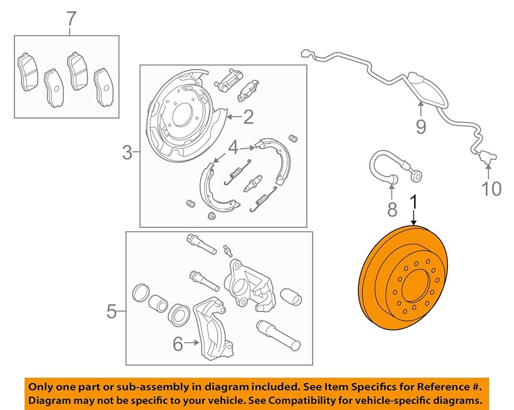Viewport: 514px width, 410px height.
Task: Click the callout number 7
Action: point(71,18)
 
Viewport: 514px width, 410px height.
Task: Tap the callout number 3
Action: point(128,153)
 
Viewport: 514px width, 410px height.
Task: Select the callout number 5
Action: point(113,312)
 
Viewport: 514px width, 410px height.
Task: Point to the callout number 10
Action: point(492,188)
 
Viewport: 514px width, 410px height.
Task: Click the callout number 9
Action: point(421,126)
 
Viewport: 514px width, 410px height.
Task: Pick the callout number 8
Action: point(392,209)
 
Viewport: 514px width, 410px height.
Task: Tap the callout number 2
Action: point(248,117)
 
